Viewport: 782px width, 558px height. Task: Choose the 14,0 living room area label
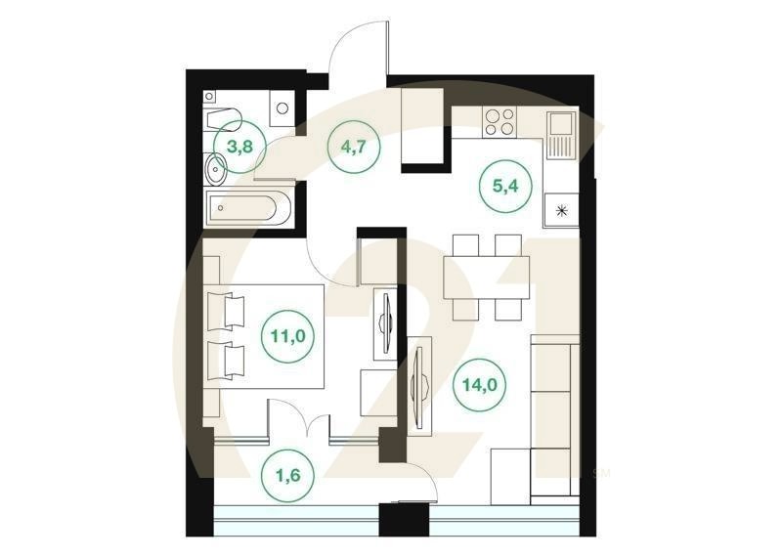(x=479, y=385)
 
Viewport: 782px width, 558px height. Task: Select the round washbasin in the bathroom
(x=216, y=171)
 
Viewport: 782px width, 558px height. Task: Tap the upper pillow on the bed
(x=235, y=311)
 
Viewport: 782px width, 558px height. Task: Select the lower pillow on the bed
(x=235, y=361)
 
